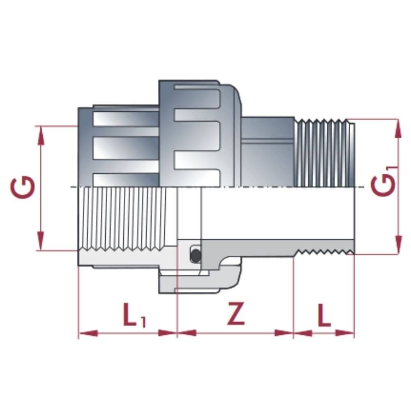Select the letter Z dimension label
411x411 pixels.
[236, 314]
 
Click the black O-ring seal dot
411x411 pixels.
[195, 255]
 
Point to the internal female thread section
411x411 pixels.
[123, 218]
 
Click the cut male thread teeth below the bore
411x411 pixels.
[325, 251]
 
